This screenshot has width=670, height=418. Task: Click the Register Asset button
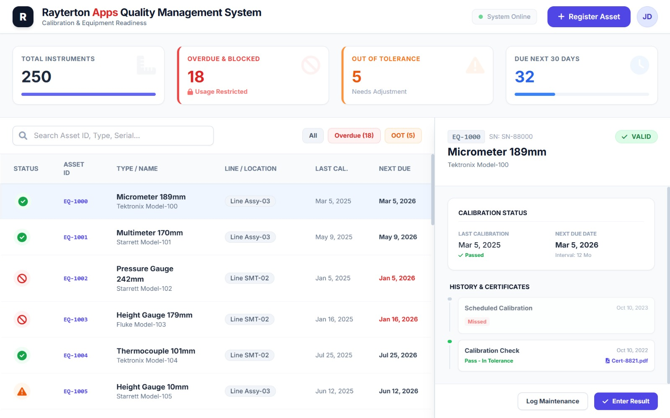(588, 17)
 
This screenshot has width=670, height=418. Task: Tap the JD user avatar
(647, 17)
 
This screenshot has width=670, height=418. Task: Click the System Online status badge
(504, 17)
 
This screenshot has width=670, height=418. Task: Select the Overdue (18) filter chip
(354, 136)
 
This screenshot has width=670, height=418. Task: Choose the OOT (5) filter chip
(403, 136)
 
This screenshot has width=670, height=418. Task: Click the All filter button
(313, 136)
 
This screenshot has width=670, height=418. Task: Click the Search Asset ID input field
(113, 136)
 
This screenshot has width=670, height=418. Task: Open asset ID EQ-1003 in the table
(75, 320)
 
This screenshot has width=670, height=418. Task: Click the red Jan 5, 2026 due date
(397, 278)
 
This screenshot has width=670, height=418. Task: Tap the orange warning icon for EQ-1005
(22, 392)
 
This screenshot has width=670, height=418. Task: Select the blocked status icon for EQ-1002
(22, 278)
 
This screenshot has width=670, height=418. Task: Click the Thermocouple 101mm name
(156, 351)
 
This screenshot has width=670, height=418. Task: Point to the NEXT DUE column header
(394, 169)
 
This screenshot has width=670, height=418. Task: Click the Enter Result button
(626, 401)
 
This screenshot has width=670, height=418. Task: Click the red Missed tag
(477, 322)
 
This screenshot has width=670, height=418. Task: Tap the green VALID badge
(636, 137)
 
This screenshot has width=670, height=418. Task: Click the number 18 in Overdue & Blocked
(196, 77)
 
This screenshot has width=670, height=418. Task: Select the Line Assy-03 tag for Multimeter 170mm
(250, 237)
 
